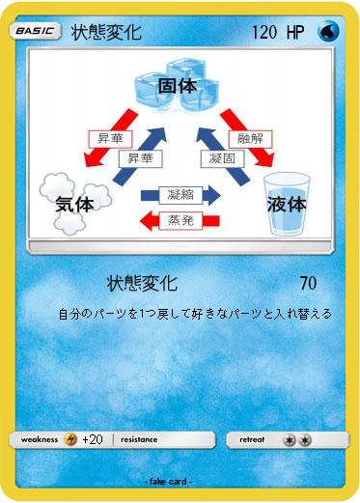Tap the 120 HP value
click(278, 33)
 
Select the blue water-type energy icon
click(329, 32)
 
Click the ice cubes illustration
click(177, 92)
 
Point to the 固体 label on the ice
click(177, 86)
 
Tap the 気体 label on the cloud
click(74, 204)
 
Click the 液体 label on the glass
click(287, 204)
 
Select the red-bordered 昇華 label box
click(110, 138)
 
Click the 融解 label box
click(250, 138)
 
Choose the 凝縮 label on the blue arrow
click(180, 194)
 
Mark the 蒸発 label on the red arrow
click(180, 220)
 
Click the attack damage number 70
click(308, 284)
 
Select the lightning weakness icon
click(70, 439)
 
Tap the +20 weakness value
click(93, 439)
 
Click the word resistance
click(139, 439)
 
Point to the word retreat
click(252, 439)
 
